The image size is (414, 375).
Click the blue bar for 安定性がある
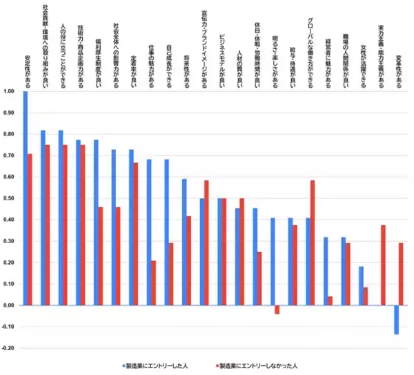pyautogui.click(x=26, y=198)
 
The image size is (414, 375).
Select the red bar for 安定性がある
pyautogui.click(x=30, y=229)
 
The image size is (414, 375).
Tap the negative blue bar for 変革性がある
pyautogui.click(x=397, y=320)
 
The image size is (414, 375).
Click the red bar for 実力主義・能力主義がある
pyautogui.click(x=383, y=265)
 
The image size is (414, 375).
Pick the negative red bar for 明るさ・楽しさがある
pyautogui.click(x=277, y=309)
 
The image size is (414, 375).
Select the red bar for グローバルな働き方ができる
pyautogui.click(x=313, y=242)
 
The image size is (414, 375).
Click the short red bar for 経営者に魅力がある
pyautogui.click(x=331, y=300)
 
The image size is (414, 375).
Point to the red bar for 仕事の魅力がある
pyautogui.click(x=153, y=282)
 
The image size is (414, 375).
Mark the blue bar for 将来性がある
pyautogui.click(x=184, y=242)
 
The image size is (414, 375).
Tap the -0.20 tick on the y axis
pyautogui.click(x=9, y=348)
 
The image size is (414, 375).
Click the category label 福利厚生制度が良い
pyautogui.click(x=98, y=59)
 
